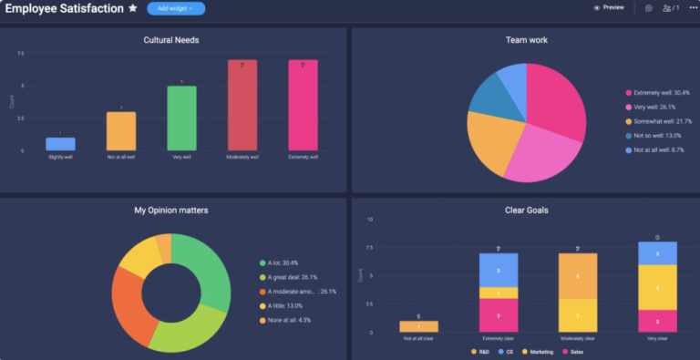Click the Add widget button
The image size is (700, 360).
[x=175, y=8]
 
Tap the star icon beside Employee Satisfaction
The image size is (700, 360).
[x=133, y=8]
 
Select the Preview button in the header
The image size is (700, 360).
[x=609, y=7]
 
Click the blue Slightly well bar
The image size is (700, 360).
[x=60, y=144]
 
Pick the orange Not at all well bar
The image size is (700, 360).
[x=121, y=131]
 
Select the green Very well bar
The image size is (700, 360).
[x=181, y=118]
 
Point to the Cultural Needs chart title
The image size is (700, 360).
[x=171, y=40]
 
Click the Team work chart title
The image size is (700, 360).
[x=526, y=40]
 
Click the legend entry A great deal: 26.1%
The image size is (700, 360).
[x=293, y=277]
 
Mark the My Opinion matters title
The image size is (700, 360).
[x=171, y=211]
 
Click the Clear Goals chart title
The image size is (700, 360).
[x=526, y=211]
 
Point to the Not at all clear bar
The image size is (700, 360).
[x=418, y=326]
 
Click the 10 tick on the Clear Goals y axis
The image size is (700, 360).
[x=370, y=220]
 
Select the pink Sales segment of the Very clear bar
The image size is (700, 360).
[x=657, y=321]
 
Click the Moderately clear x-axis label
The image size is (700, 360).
[x=578, y=338]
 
